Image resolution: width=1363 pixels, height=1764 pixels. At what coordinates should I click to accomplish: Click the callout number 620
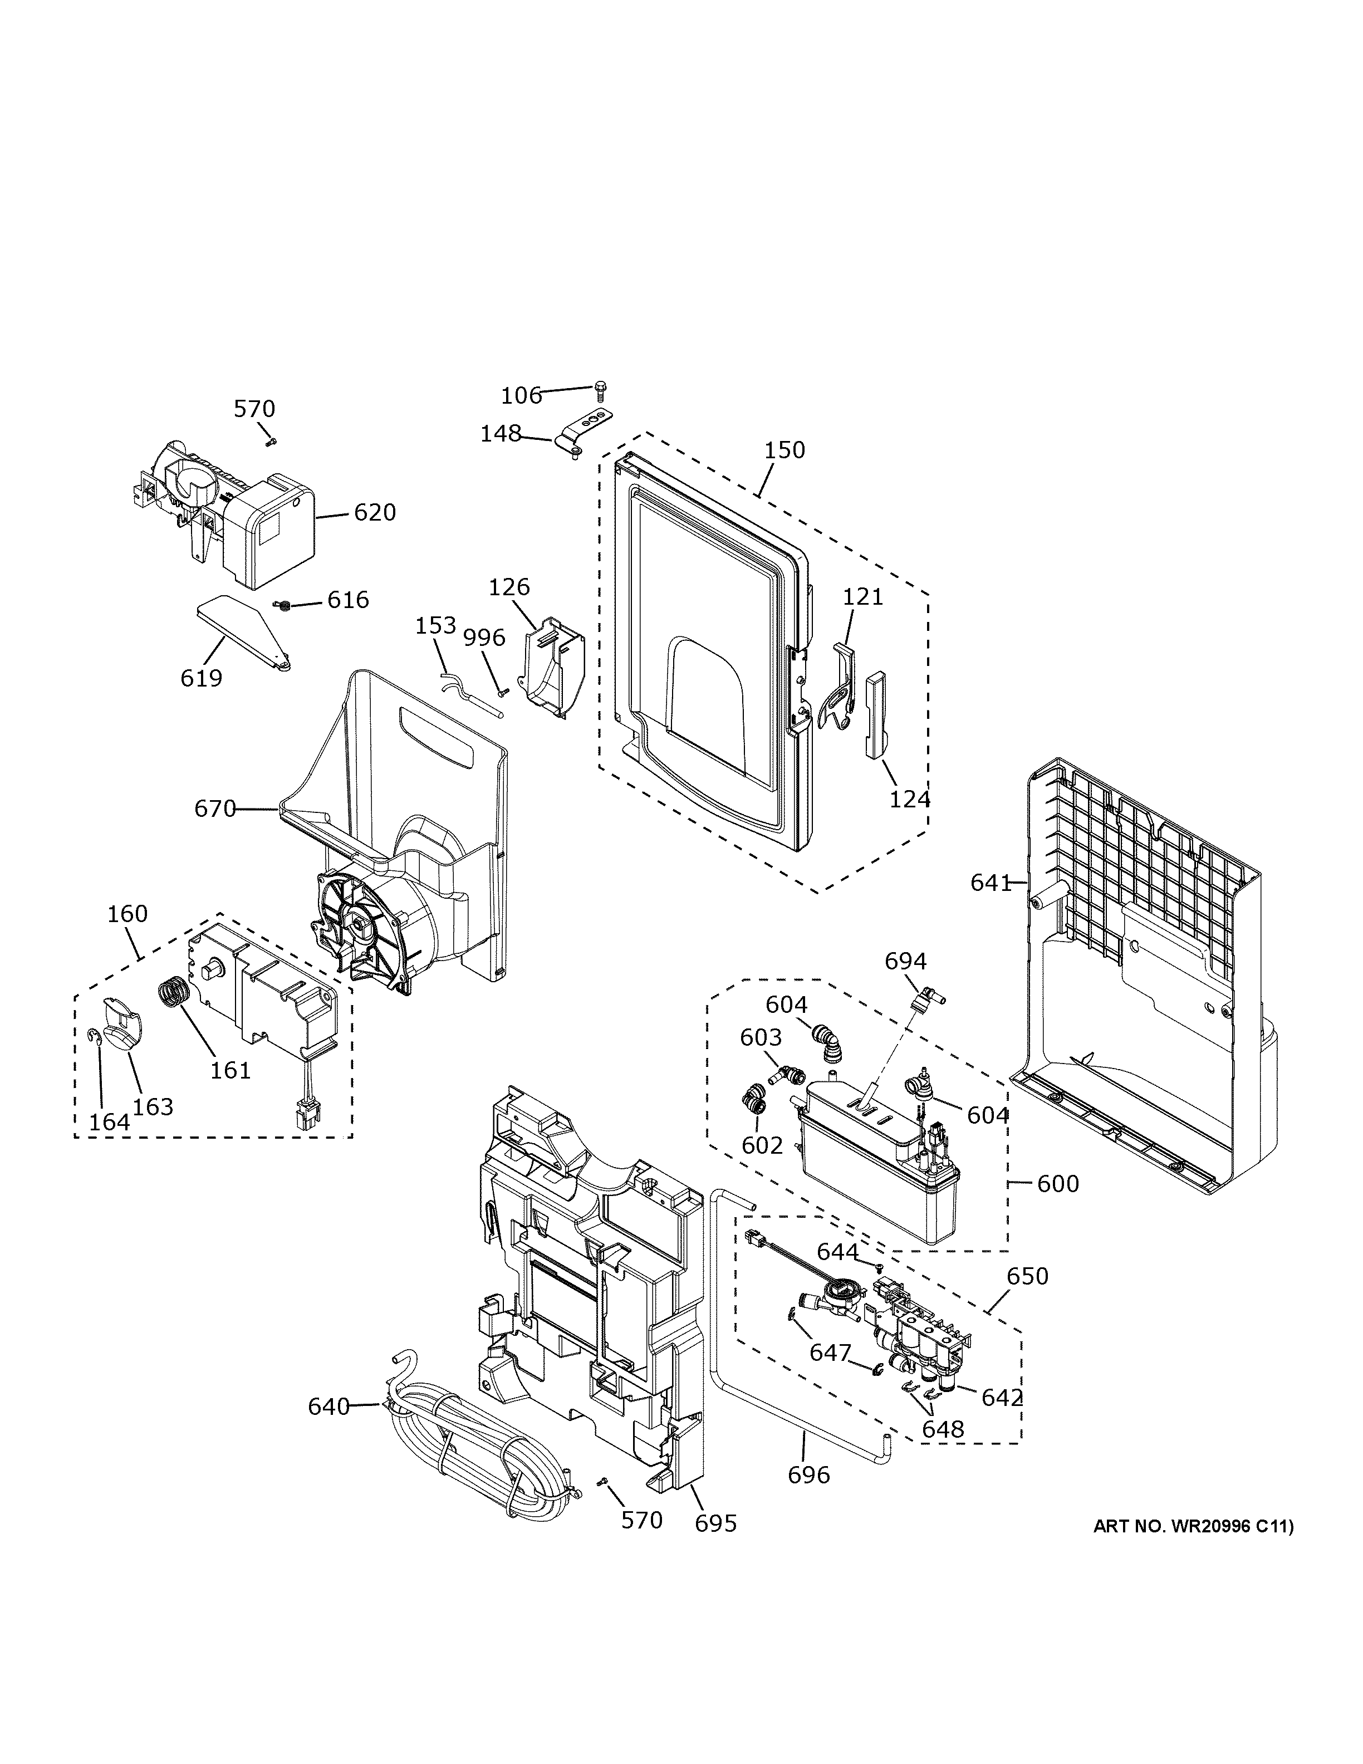coord(375,512)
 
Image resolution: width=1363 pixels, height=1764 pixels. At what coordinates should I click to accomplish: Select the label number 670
coord(215,808)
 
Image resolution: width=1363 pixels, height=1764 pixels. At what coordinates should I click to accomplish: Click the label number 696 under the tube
coord(808,1475)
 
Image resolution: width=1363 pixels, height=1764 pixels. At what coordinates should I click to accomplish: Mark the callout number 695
coord(715,1523)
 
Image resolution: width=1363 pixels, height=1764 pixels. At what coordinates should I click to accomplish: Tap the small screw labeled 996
coord(502,690)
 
